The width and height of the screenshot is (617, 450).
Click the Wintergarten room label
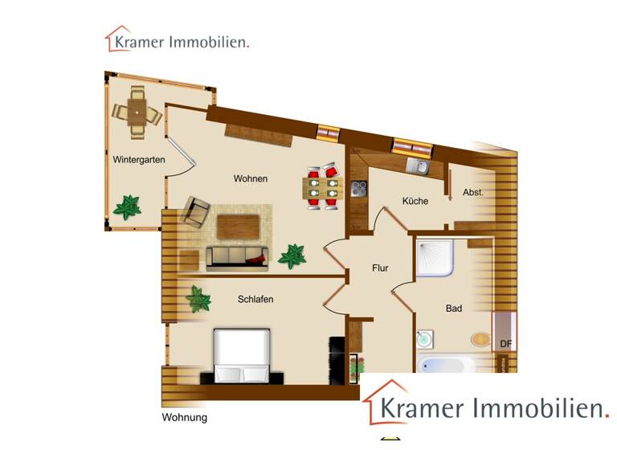pos(139,160)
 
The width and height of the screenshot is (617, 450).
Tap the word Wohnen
pos(251,178)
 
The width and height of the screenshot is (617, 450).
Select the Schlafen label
pos(255,300)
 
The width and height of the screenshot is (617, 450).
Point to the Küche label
pos(415,201)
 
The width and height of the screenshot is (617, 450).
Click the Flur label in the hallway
pos(380,268)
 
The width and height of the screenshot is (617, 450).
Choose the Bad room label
pos(454,308)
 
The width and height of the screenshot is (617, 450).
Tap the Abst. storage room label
pos(473,193)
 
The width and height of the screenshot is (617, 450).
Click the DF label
pos(506,345)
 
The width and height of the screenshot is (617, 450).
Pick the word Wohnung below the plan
pos(185,418)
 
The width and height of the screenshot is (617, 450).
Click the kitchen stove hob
pos(359,190)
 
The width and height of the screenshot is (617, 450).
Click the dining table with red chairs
pos(323,188)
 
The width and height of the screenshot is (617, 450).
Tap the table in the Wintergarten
pos(137,113)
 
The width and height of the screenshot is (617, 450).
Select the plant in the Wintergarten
pos(126,207)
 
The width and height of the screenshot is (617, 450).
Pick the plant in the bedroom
pos(198,301)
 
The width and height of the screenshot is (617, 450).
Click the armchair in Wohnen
pos(197,211)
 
